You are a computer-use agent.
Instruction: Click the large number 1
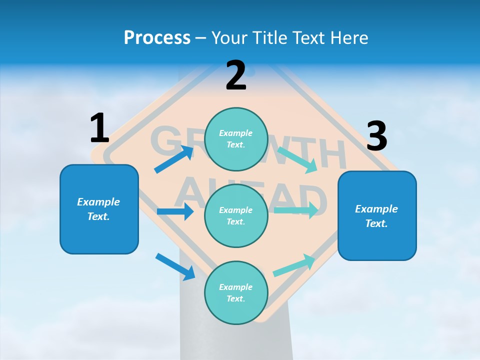tap(99, 128)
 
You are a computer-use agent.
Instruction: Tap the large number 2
tap(236, 75)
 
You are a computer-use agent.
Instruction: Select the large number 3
tap(376, 136)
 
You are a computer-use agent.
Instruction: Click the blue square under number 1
tap(99, 209)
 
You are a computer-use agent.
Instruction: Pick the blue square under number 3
tap(377, 215)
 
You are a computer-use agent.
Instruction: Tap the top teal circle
tap(236, 139)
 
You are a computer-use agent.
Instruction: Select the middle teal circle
tap(236, 216)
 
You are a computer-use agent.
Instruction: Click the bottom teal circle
tap(236, 293)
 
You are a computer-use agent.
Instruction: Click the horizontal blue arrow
tap(175, 211)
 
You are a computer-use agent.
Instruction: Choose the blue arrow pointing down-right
tap(175, 266)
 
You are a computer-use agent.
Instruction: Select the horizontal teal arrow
tap(296, 210)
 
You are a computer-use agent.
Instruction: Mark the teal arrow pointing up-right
tap(294, 265)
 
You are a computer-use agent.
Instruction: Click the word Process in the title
tap(157, 37)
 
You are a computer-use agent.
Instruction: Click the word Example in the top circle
tap(236, 133)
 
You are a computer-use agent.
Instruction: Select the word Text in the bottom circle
tap(235, 298)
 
